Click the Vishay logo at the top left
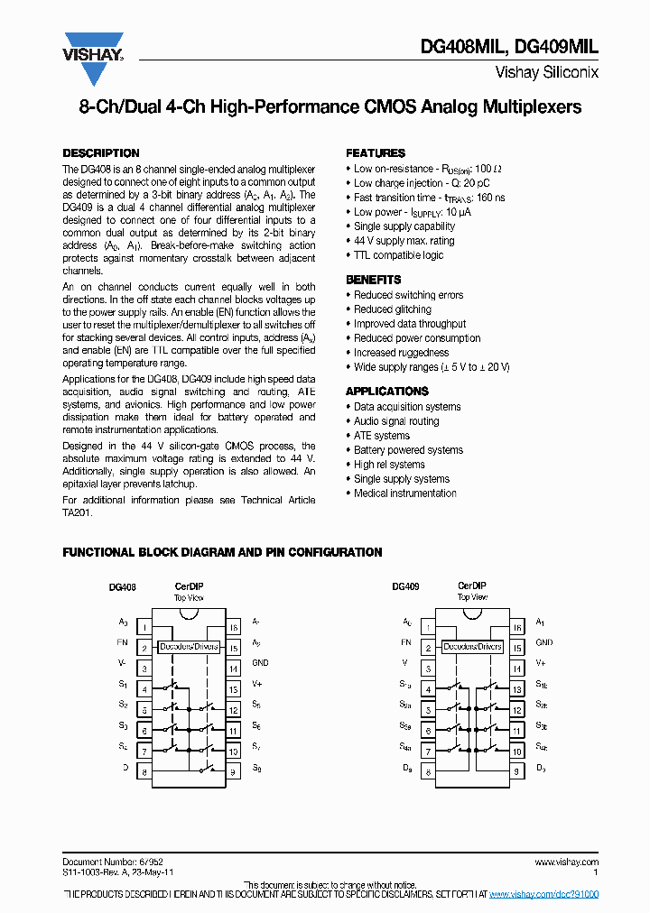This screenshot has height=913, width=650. coord(93,48)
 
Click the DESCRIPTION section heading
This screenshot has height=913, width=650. coord(100,153)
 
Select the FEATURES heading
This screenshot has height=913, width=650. coord(376,153)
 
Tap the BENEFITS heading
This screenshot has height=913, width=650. coord(373,280)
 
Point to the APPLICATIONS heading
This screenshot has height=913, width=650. coord(386,392)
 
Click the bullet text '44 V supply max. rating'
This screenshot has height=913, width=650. coord(404,241)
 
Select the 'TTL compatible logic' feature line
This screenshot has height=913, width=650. coord(398,255)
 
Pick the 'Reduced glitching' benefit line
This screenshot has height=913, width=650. coord(393,309)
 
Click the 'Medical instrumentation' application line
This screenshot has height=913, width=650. coord(404,493)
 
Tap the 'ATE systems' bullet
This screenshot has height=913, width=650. coord(381,436)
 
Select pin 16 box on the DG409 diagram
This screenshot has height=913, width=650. coord(517,628)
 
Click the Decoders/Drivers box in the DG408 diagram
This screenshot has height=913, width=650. coord(189,647)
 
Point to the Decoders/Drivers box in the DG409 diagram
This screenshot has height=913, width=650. coord(472,647)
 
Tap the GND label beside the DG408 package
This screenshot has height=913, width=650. coord(260,663)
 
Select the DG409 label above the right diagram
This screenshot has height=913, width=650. coord(405,586)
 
